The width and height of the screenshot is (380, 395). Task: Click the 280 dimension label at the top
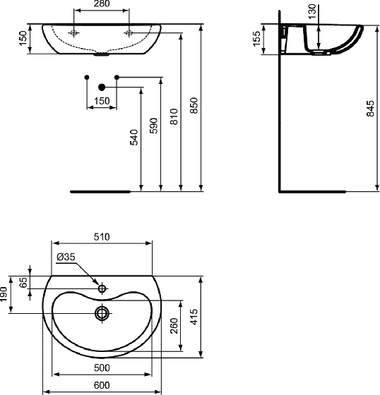(102, 4)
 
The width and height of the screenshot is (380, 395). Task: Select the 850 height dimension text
(194, 105)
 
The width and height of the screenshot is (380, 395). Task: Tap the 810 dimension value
(174, 116)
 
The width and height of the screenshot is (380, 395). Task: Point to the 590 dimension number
(154, 126)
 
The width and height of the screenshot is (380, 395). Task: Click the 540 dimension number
(134, 138)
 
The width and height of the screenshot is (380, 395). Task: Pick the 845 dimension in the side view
(370, 109)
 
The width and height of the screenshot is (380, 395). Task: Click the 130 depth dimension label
(312, 11)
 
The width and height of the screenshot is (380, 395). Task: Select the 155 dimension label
(256, 39)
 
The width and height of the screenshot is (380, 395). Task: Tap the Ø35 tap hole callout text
(66, 257)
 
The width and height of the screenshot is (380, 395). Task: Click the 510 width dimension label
(102, 237)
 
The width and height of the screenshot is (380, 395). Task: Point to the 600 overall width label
(102, 385)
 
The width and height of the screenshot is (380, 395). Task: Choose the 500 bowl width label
(102, 367)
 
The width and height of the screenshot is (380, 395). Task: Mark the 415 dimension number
(194, 317)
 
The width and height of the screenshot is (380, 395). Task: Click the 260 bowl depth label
(174, 326)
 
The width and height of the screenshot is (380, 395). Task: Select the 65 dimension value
(23, 282)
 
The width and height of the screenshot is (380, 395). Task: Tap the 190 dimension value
(4, 294)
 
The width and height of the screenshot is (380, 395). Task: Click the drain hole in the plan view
(102, 313)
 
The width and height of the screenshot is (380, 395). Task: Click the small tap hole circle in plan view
(102, 288)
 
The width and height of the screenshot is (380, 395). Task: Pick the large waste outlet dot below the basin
(102, 87)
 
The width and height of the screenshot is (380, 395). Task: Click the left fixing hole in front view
(73, 32)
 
